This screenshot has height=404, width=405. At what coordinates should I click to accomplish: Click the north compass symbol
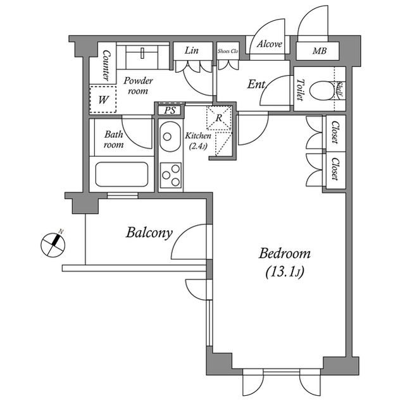53,243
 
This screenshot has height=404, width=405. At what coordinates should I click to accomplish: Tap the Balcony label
149,233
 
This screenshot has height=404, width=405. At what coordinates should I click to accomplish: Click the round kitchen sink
169,135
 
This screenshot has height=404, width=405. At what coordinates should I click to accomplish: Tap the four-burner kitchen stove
170,174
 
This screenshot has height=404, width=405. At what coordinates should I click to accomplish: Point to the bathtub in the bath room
123,174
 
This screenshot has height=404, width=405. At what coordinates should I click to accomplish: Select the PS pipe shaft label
169,110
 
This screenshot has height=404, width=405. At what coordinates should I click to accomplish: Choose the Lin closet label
192,50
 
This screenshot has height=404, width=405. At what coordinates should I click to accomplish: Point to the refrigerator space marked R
218,118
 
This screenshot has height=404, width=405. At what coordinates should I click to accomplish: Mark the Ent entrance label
256,83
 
